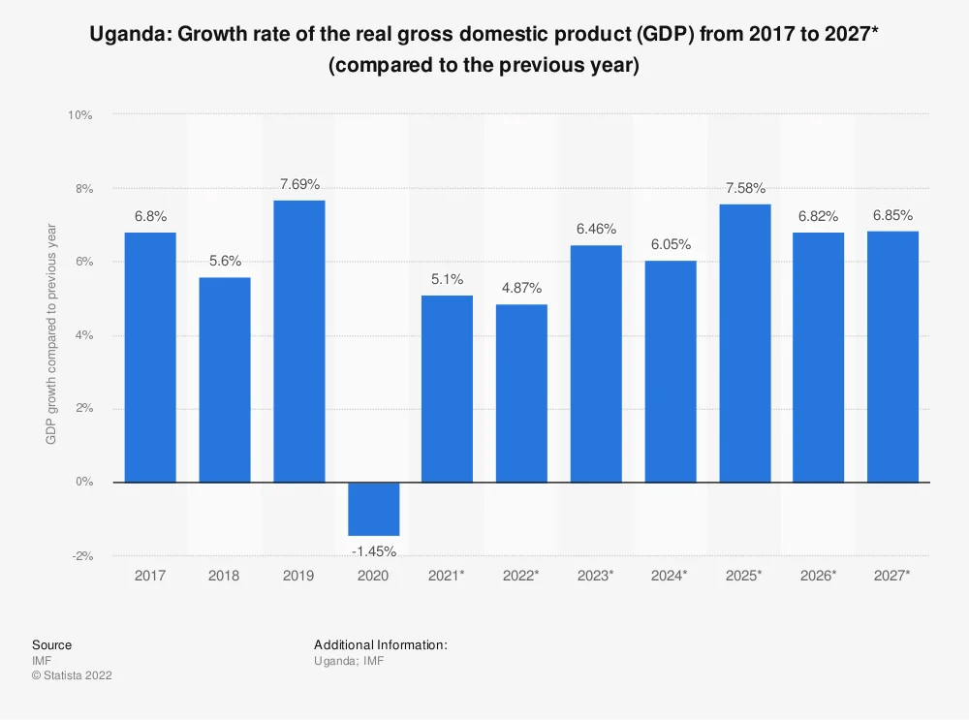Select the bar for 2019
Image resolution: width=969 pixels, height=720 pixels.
point(298,341)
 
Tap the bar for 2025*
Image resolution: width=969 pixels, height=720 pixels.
point(744,343)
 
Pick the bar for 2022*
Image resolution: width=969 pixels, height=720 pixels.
point(521,392)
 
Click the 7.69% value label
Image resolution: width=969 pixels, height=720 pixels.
point(298,184)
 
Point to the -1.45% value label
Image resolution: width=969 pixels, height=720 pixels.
point(373,551)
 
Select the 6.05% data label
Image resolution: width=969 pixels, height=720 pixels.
point(670,245)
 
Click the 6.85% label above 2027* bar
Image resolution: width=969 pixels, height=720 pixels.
point(892,215)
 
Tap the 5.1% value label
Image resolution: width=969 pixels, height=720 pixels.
point(447,280)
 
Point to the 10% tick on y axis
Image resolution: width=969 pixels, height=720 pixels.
point(79,115)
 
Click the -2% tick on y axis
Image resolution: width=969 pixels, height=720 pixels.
point(81,556)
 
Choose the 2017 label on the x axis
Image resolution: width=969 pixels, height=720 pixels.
point(150,576)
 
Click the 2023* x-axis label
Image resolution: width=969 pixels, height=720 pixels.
point(596,576)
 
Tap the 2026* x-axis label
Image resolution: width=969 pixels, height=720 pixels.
point(819,576)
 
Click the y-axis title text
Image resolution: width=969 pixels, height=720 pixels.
point(51,334)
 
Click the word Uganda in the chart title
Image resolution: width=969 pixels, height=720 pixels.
point(125,37)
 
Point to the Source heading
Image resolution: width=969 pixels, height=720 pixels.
point(51,644)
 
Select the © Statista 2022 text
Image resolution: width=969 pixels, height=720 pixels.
point(72,675)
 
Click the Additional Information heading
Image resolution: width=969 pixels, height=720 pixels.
point(380,644)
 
